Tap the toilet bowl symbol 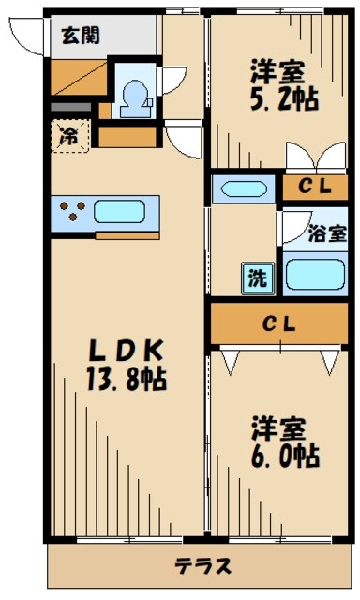[135, 97]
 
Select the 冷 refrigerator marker [70, 134]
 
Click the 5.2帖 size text [281, 97]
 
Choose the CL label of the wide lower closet [278, 325]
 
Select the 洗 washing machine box [256, 277]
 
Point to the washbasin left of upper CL [242, 188]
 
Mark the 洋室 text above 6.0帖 [277, 429]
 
